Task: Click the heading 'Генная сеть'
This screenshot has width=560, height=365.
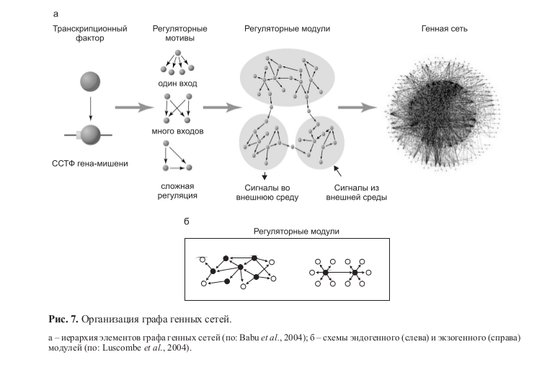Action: pos(444,29)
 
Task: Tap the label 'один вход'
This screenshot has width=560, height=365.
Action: pos(177,84)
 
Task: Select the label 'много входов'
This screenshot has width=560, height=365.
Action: pos(177,131)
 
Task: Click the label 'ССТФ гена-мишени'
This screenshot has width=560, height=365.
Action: pos(90,163)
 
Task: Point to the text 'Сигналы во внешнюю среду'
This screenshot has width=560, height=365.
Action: pos(267,193)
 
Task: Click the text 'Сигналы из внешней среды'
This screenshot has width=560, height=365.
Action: pos(357,193)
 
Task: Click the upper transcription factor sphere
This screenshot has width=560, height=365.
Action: pos(90,82)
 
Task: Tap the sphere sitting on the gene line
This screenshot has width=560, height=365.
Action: pos(91,135)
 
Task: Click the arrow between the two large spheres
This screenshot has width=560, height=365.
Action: pos(90,108)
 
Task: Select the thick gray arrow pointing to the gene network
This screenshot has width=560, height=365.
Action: pos(357,107)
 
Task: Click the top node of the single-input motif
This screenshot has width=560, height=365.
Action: pos(178,53)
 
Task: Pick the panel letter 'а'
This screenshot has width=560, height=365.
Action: pos(55,14)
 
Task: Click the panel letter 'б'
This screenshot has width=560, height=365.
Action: pos(187,221)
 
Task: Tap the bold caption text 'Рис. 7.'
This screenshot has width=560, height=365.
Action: pos(63,319)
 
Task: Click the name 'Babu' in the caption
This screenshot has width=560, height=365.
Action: pos(249,338)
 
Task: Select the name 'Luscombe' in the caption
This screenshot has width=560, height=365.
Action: pos(122,348)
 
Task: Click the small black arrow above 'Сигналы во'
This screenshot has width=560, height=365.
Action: pos(265,175)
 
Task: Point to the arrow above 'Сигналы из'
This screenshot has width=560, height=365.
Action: pos(337,171)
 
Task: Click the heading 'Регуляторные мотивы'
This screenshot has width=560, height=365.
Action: pos(180,33)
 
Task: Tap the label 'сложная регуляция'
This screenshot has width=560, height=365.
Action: pos(177,191)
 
